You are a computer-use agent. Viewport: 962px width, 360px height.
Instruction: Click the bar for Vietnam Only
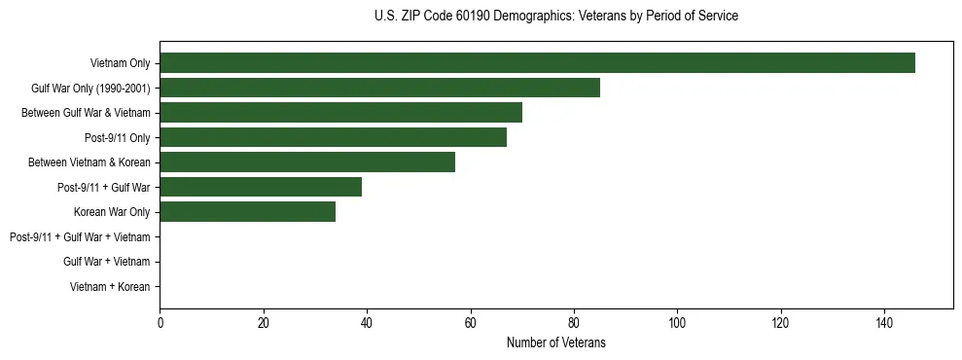[x=537, y=63]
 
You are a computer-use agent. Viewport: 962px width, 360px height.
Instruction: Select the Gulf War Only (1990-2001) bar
[x=379, y=88]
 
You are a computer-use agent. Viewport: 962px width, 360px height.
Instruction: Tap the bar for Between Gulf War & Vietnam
[x=340, y=113]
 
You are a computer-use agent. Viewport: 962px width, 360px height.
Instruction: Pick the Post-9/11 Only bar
[x=333, y=137]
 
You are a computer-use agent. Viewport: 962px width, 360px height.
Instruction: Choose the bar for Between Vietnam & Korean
[x=307, y=162]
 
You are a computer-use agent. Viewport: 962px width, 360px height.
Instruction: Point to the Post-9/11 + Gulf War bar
[x=261, y=187]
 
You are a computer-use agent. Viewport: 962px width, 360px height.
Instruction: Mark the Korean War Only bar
[x=247, y=212]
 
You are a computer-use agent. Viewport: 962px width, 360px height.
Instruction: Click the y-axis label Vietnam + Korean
[x=110, y=287]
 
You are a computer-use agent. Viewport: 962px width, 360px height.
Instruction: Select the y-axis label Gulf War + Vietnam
[x=106, y=262]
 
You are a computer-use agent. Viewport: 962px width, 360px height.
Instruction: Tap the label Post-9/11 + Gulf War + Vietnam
[x=80, y=237]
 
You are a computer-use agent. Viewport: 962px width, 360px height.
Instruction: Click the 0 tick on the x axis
[x=160, y=323]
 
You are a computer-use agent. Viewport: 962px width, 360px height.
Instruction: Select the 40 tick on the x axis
[x=367, y=323]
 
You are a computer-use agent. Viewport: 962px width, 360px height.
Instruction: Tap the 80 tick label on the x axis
[x=574, y=323]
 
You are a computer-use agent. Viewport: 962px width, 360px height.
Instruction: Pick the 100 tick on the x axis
[x=677, y=323]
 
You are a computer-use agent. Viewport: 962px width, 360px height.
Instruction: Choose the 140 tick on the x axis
[x=884, y=323]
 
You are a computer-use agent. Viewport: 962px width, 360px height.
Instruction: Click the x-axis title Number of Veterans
[x=555, y=342]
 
